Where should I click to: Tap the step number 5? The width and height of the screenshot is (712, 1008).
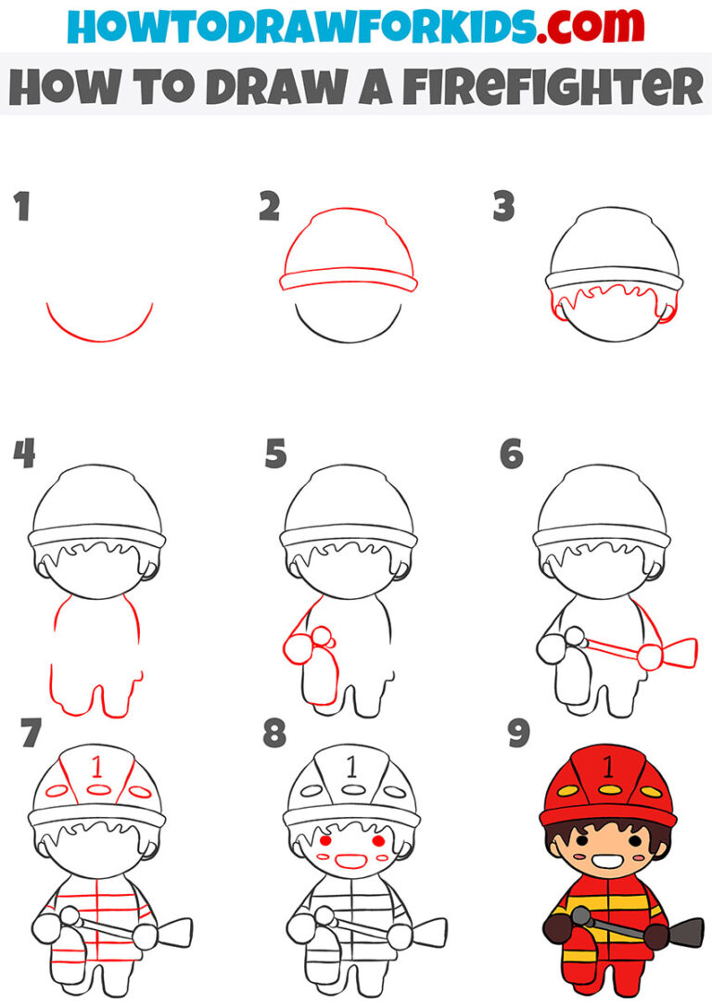tap(275, 455)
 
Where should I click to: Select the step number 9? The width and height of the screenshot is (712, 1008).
tap(517, 734)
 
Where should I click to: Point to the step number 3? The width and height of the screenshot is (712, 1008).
tap(503, 208)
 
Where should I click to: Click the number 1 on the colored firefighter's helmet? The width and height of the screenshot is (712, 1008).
tap(607, 766)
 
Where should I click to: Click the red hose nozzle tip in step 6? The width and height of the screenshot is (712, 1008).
tap(684, 652)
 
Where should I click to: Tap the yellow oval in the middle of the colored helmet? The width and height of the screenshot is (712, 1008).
tap(608, 790)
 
